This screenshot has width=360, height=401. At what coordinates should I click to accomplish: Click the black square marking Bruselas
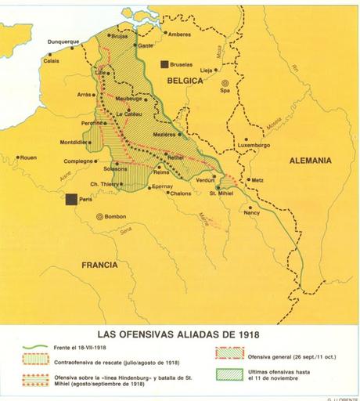tap(165, 67)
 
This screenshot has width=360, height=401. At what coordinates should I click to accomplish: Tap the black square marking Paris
tap(72, 199)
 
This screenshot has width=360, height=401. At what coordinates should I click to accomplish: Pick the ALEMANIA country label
tap(310, 161)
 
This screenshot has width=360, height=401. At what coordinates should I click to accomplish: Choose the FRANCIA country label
tap(99, 266)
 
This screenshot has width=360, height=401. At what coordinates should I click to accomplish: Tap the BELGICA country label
tap(184, 80)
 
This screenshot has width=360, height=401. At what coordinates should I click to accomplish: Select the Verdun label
tap(205, 179)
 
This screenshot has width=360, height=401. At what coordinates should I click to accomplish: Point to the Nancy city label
tap(251, 212)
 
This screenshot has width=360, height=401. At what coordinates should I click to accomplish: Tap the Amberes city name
tap(179, 34)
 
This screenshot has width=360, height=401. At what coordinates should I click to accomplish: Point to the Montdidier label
tap(76, 142)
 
